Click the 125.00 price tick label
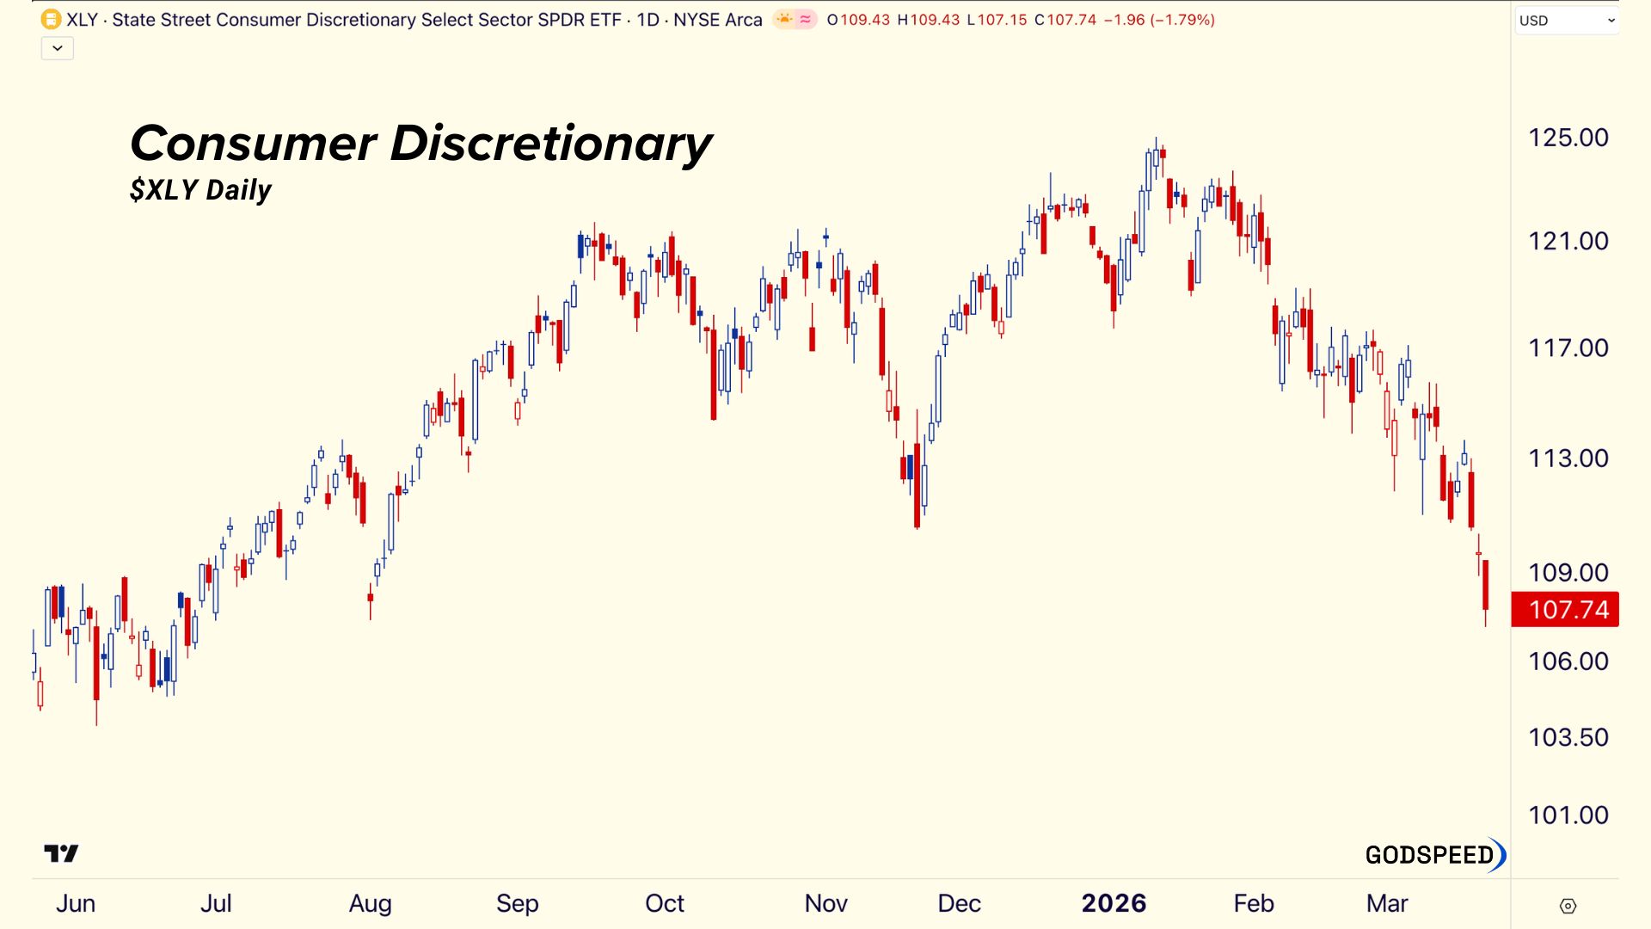pos(1568,138)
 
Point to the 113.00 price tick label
pos(1568,458)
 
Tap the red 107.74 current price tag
pos(1565,610)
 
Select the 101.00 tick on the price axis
pos(1568,815)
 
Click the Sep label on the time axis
pos(517,903)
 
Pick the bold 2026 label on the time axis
pos(1114,903)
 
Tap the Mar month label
pos(1386,903)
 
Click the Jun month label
pos(76,903)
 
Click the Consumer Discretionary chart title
pos(420,143)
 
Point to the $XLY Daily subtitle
pos(200,190)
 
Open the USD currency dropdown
pos(1566,21)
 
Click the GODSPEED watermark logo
pos(1435,855)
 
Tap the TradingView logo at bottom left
pos(61,853)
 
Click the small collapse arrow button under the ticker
pos(58,48)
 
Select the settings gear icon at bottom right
pos(1568,906)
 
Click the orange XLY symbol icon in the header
pos(51,19)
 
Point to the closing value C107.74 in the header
pos(1065,20)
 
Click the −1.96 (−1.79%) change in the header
pos(1159,20)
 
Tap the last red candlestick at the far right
pos(1485,585)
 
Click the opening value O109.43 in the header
pos(858,20)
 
